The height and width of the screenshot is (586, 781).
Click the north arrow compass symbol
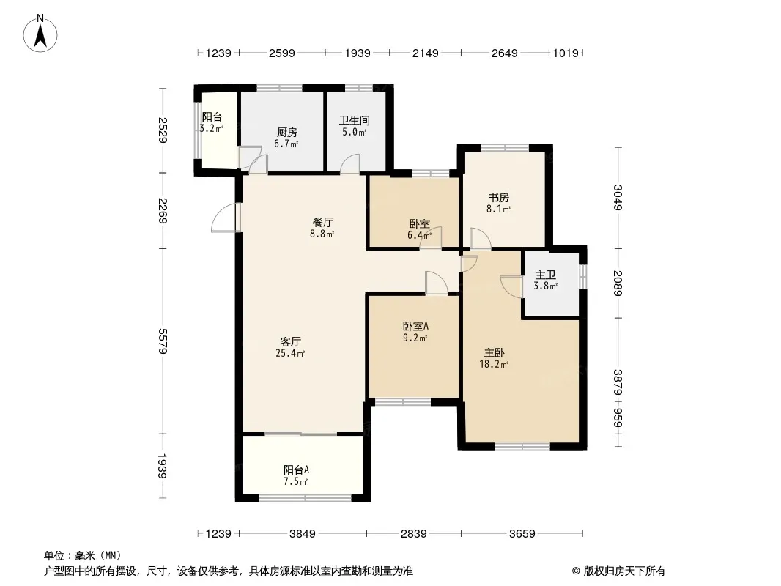[x=40, y=34]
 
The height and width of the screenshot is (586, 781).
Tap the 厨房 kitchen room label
[x=287, y=133]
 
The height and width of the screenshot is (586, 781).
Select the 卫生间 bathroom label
[x=355, y=120]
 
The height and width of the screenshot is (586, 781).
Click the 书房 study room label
[x=498, y=198]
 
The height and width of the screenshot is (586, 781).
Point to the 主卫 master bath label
[x=545, y=275]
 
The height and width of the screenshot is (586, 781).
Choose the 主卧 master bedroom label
[x=494, y=353]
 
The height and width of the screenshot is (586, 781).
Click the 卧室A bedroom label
[x=415, y=327]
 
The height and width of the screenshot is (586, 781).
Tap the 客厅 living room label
[x=290, y=342]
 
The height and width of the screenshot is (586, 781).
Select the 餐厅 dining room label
[x=323, y=222]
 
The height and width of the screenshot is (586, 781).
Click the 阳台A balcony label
[x=297, y=470]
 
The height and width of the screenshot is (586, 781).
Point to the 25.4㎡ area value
[x=290, y=354]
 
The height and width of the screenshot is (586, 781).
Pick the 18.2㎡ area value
[x=494, y=365]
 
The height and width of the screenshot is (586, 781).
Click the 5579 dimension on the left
[x=163, y=341]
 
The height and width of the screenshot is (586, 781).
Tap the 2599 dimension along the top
[x=282, y=53]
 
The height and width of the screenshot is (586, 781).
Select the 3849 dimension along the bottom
[x=303, y=534]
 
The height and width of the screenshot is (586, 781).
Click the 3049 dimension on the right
[x=618, y=198]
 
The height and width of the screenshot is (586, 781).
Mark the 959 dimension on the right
[x=618, y=418]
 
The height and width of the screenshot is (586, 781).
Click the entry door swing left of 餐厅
[x=224, y=218]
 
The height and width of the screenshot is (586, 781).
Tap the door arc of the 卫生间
[x=349, y=163]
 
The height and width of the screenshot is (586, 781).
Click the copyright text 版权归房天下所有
[x=624, y=571]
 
